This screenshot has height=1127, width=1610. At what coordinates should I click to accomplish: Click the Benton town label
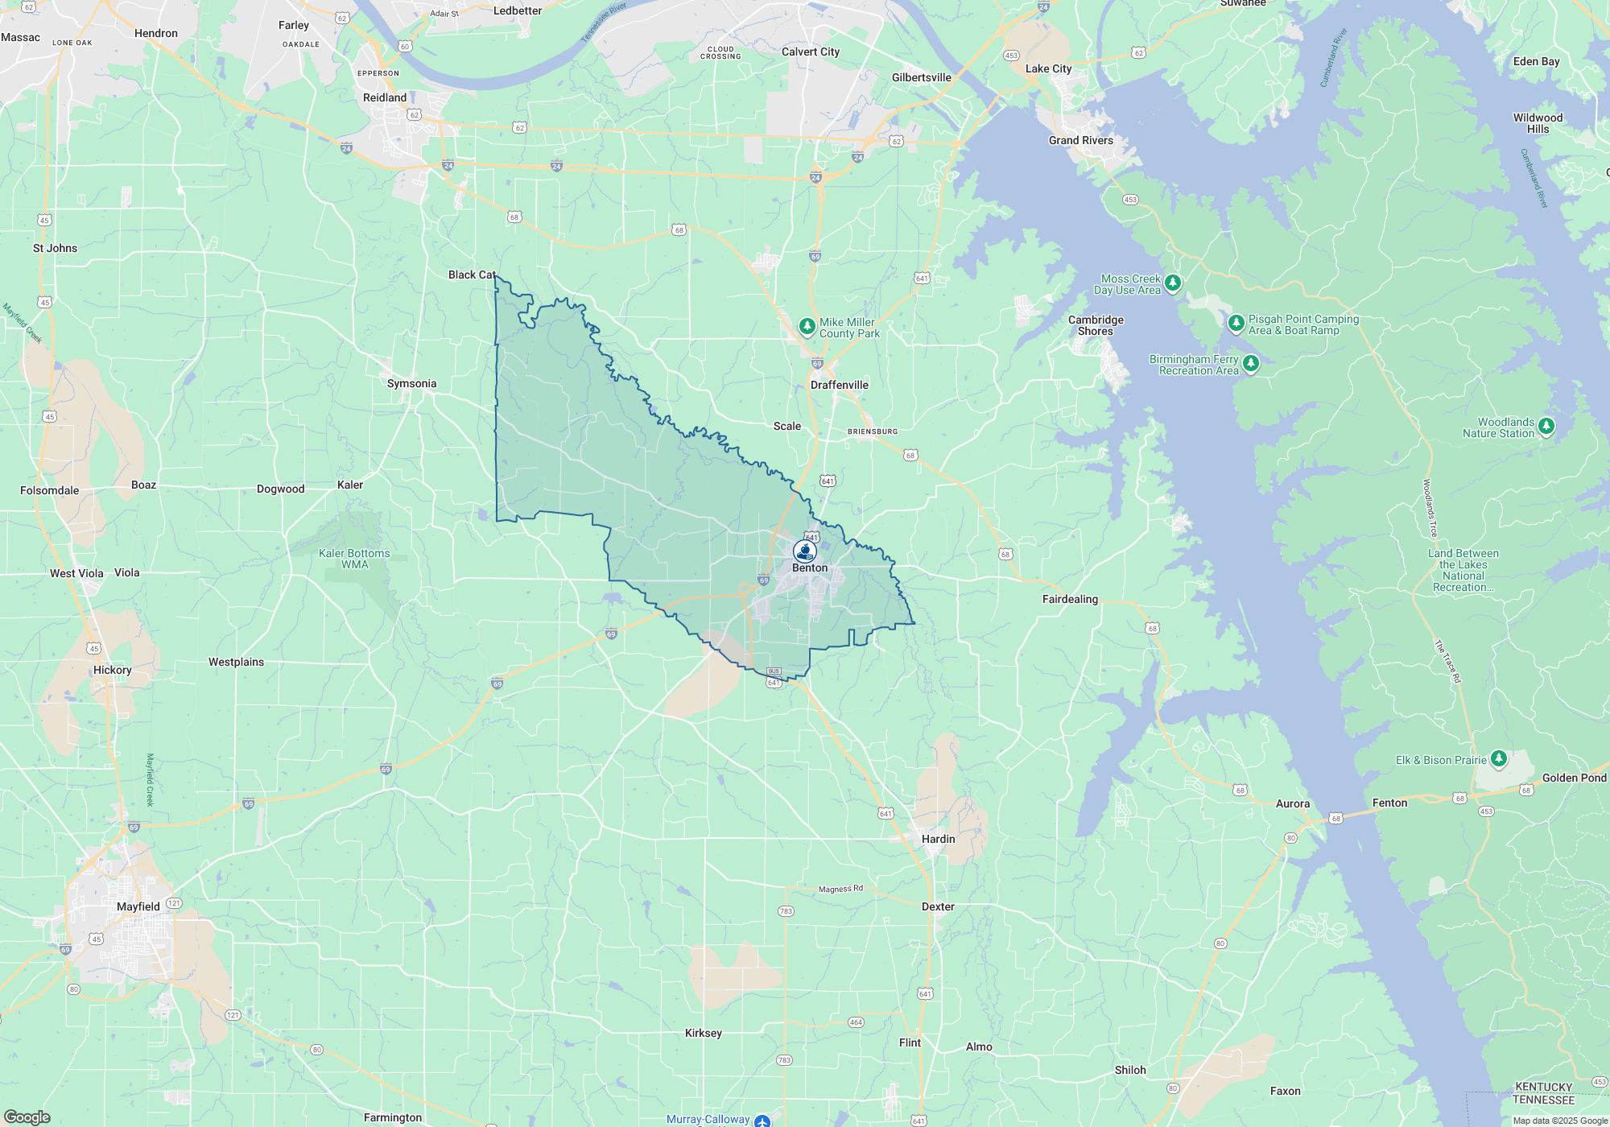click(x=809, y=568)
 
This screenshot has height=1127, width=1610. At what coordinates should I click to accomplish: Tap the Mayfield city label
click(x=138, y=906)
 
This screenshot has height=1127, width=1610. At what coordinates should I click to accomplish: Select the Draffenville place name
click(x=839, y=385)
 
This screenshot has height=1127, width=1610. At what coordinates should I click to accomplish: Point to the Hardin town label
click(x=938, y=839)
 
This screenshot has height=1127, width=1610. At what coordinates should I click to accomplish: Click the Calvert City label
click(x=810, y=52)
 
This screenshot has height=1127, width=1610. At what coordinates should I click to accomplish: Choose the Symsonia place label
click(x=411, y=383)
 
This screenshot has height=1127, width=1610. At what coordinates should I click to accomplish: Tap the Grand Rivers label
click(x=1080, y=140)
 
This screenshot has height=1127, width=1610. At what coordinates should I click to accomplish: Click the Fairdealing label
click(x=1070, y=599)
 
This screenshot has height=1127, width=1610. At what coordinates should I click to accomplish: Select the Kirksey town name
click(x=703, y=1033)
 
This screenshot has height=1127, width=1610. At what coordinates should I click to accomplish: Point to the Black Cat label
click(x=472, y=275)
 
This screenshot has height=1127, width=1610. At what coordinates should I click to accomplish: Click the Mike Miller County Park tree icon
click(x=807, y=326)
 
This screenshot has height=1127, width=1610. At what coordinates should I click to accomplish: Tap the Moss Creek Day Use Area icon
click(x=1173, y=283)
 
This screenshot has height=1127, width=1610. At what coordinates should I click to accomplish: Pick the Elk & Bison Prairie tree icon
click(x=1498, y=758)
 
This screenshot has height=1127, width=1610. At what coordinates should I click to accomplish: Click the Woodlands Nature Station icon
click(x=1546, y=426)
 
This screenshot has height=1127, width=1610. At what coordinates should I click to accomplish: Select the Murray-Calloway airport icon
click(x=762, y=1120)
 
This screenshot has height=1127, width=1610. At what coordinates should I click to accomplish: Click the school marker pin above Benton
click(x=804, y=551)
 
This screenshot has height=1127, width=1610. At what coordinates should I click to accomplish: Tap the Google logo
click(x=27, y=1117)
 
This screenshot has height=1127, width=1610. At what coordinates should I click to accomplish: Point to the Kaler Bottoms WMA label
click(x=354, y=559)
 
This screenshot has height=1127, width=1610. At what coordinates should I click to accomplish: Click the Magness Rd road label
click(x=840, y=889)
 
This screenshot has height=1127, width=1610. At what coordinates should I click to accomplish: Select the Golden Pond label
click(x=1574, y=778)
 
